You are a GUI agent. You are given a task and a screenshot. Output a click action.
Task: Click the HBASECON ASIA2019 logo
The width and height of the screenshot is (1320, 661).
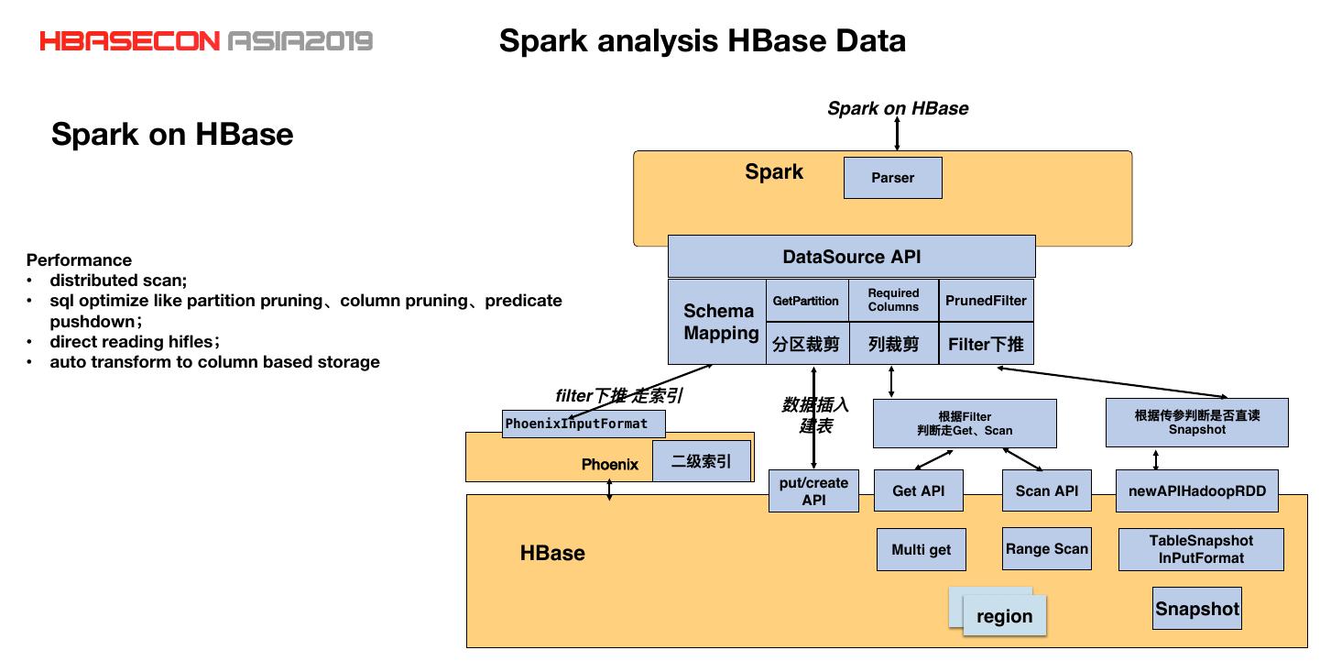pos(206,41)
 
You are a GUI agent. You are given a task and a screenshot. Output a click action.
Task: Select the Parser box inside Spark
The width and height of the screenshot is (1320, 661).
pos(892,178)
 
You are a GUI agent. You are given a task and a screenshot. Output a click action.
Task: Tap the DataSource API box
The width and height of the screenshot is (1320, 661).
pos(851,257)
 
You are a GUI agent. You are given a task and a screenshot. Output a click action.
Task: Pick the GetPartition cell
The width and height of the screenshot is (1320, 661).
pos(806,301)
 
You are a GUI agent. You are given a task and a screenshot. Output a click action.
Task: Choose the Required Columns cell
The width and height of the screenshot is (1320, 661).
pos(893,301)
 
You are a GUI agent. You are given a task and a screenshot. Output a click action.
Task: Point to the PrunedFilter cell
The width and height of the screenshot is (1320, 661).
pos(986,301)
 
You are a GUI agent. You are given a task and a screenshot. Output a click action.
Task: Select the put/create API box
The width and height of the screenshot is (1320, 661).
pos(813,490)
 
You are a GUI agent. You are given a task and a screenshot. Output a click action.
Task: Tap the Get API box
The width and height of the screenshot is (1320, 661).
pos(918,490)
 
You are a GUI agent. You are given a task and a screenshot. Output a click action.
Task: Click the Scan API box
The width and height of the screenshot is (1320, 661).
pos(1046,490)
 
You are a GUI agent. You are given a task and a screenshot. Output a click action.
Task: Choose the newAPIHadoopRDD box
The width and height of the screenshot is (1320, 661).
pos(1196,490)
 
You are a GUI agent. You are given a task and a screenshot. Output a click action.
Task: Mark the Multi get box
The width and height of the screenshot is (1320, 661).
pos(921,550)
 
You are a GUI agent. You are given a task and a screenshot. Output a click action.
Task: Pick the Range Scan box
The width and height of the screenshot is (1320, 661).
pos(1046,549)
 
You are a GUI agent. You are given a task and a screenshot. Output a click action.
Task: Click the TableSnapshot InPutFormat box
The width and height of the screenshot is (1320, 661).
pos(1200,549)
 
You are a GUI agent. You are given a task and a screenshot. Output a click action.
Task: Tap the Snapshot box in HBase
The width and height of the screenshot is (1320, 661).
pos(1196,609)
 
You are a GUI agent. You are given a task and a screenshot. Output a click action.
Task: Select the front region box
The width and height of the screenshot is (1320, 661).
pos(1004,616)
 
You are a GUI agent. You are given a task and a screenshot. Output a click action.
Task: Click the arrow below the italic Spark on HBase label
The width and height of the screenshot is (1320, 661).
pos(897,134)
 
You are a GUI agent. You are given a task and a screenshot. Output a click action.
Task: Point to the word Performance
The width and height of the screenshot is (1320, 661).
pos(79,259)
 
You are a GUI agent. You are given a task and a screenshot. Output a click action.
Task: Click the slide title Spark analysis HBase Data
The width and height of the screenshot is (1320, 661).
pos(702,41)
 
